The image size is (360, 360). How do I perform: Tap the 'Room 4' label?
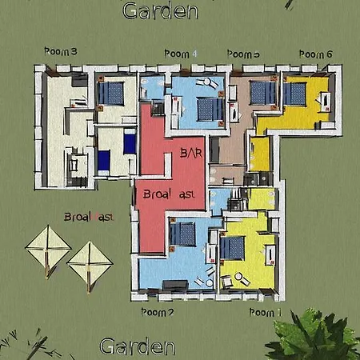click(180, 53)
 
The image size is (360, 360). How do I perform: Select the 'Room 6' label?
click(315, 54)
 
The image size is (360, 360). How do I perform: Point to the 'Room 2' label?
click(157, 312)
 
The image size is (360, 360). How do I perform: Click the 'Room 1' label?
click(266, 311)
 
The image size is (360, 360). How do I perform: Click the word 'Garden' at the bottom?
click(137, 346)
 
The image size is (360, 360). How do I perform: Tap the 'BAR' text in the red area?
click(191, 151)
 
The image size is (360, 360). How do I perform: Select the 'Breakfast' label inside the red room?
click(168, 194)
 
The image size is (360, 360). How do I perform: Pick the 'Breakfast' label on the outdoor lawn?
click(88, 217)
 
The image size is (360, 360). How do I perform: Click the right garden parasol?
click(89, 262)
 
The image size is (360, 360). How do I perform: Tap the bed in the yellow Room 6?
click(294, 94)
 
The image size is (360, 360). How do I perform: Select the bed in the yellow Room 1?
click(233, 248)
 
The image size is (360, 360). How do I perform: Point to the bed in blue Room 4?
click(210, 106)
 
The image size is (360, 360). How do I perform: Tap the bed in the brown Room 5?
click(262, 94)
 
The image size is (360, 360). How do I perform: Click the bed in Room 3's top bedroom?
click(111, 94)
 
